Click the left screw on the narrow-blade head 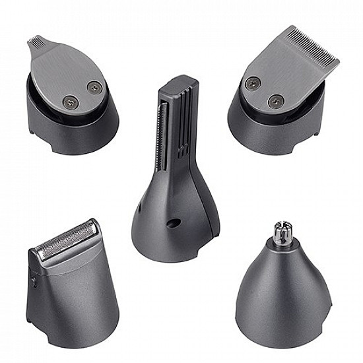coord(68,100)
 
